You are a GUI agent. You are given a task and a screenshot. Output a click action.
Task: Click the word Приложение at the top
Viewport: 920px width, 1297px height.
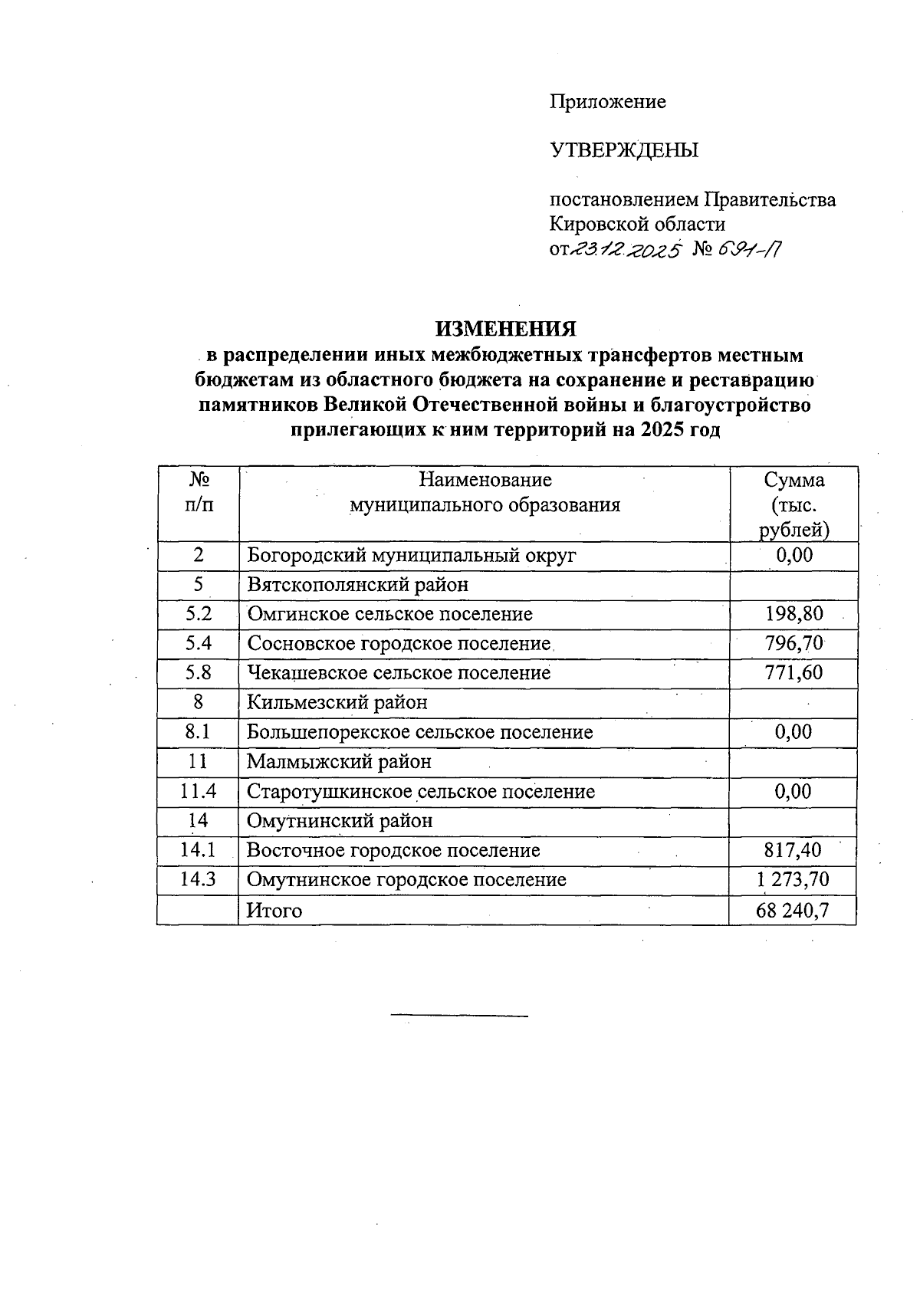607,102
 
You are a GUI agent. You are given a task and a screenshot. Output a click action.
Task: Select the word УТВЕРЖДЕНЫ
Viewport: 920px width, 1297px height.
624,151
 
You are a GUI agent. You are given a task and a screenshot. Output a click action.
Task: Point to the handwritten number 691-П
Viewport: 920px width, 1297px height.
749,249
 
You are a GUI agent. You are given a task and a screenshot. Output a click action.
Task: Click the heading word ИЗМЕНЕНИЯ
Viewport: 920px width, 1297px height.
506,329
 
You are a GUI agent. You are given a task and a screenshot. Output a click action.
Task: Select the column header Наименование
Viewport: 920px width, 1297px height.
485,481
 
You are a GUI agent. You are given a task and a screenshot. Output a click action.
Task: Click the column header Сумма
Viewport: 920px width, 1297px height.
794,481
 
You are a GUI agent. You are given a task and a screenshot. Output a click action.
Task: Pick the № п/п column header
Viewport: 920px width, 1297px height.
199,492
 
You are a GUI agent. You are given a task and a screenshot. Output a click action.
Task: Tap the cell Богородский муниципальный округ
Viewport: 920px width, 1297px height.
411,556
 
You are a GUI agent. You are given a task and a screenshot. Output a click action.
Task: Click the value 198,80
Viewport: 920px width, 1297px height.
793,614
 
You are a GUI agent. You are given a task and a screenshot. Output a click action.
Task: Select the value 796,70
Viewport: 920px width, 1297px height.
793,644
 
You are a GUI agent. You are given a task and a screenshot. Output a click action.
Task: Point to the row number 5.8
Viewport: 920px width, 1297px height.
199,673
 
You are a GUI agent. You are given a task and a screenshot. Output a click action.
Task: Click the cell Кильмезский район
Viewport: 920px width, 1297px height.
337,703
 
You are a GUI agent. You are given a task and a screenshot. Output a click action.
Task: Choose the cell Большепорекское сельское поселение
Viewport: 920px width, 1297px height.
419,733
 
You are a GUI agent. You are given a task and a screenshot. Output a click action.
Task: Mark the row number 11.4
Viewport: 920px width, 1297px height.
199,792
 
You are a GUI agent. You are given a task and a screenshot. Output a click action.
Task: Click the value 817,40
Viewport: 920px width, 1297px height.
793,850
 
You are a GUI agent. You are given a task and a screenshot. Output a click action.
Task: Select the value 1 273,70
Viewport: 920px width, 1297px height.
793,880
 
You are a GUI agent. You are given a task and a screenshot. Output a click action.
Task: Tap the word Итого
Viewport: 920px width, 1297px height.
274,911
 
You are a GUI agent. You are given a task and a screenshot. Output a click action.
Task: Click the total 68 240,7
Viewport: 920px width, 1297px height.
793,911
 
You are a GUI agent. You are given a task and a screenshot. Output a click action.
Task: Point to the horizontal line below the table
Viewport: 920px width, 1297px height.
459,1016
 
